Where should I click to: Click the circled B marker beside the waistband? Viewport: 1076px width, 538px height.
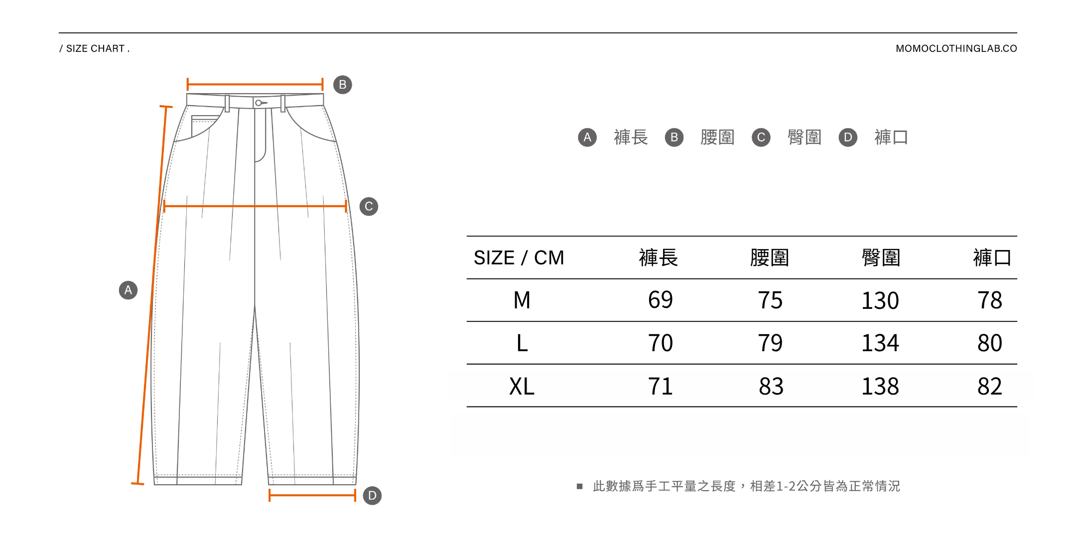[342, 85]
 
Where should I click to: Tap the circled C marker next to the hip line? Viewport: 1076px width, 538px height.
[369, 206]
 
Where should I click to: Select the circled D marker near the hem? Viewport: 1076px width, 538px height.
[372, 496]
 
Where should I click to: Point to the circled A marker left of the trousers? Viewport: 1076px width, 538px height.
[128, 290]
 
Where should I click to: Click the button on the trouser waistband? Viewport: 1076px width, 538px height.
[259, 103]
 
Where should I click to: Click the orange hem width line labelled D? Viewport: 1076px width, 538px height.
[312, 495]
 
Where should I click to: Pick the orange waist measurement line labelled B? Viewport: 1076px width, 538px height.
[255, 84]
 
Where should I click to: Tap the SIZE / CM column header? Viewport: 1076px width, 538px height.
[519, 258]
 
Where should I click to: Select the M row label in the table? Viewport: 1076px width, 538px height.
[522, 300]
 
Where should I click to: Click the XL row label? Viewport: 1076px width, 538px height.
[522, 386]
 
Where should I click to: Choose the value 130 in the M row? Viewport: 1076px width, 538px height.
[880, 300]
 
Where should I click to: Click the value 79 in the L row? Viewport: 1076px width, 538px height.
[770, 343]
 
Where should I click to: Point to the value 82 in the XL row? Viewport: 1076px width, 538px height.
[989, 386]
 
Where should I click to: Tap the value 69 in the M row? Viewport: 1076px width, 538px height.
[660, 300]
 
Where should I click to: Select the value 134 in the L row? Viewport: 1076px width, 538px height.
[880, 343]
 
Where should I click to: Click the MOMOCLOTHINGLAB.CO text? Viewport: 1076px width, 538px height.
[956, 48]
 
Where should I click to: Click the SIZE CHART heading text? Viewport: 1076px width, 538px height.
[95, 48]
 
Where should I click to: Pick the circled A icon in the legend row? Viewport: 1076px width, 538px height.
[587, 137]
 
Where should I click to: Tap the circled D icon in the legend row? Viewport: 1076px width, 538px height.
[848, 137]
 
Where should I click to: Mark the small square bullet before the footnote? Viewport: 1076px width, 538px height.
[579, 486]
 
